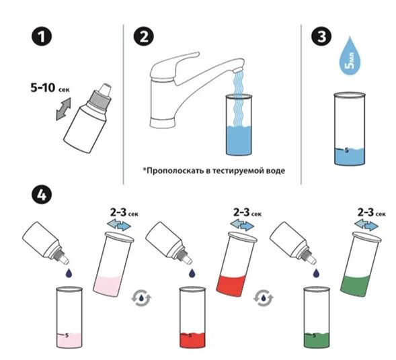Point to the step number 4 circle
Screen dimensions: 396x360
coord(42,195)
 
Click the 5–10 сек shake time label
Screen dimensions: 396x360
coord(50,88)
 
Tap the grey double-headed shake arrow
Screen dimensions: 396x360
coord(63,109)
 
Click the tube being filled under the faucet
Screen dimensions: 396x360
coord(239,125)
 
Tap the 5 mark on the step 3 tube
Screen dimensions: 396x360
coord(346,150)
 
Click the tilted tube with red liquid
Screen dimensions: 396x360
coord(236,264)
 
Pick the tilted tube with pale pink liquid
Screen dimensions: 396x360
coord(113,264)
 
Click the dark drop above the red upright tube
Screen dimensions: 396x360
coord(192,273)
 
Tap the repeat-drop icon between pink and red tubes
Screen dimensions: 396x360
coord(141,298)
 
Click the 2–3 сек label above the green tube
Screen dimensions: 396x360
coord(372,213)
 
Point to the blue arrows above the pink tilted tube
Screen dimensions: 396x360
coord(119,224)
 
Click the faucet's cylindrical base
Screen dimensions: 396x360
coord(163,122)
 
